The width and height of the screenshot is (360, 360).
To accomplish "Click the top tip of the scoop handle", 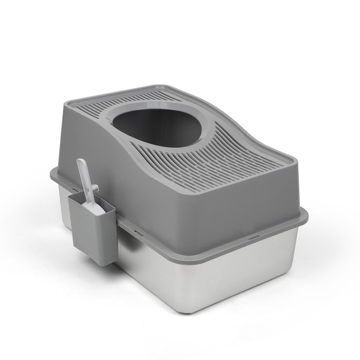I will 80,161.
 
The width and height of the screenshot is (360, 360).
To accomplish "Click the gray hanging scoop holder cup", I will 93,233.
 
